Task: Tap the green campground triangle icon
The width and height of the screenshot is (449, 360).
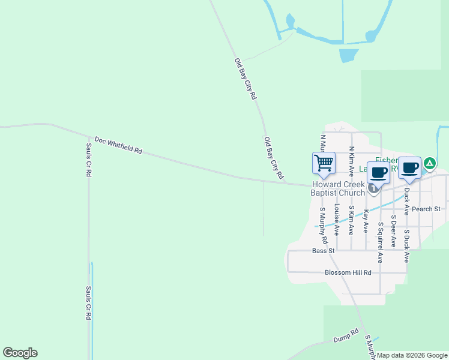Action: (430, 163)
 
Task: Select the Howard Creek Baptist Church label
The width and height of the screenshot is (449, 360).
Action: (337, 188)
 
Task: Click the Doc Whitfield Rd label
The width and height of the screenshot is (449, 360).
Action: (118, 145)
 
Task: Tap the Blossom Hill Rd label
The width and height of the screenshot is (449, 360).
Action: (348, 272)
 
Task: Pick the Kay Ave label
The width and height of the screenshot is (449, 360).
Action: (366, 221)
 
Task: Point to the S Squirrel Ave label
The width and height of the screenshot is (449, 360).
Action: (380, 242)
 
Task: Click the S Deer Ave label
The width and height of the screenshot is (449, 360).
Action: (394, 231)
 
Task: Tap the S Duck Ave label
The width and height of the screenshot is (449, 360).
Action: (407, 245)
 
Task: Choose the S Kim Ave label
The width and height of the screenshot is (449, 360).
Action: (351, 219)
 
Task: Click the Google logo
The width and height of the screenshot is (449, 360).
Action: (20, 353)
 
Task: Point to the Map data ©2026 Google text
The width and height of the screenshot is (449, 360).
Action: (412, 356)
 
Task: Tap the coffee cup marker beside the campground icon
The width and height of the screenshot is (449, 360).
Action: (409, 168)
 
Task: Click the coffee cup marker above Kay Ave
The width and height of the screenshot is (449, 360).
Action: (378, 173)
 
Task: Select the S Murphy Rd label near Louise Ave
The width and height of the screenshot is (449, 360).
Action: (323, 226)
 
